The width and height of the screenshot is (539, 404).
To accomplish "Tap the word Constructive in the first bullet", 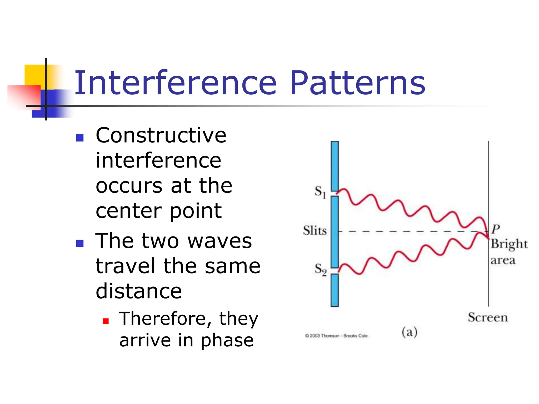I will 161,135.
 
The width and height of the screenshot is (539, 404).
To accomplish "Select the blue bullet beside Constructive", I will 80,138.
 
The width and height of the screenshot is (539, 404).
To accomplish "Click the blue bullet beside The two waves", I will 80,243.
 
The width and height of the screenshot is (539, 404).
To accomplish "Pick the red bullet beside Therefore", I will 106,321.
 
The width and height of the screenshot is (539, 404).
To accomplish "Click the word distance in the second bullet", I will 139,291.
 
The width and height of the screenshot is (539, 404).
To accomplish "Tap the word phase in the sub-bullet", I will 227,340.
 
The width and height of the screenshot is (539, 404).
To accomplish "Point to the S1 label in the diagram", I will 320,191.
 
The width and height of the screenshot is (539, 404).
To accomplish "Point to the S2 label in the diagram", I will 320,269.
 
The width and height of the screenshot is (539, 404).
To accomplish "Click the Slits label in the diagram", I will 315,231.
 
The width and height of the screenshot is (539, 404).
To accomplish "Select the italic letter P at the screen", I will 496,229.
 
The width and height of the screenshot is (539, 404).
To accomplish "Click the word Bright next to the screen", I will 509,244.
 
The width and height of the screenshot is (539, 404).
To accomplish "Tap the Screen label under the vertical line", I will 488,317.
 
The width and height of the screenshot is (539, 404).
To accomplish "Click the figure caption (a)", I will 410,332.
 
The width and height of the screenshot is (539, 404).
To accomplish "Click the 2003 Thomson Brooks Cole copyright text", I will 336,336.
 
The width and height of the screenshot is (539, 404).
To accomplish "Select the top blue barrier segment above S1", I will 335,166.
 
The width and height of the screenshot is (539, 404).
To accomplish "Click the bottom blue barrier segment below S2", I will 335,290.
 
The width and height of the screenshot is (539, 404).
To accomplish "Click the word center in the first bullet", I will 129,211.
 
